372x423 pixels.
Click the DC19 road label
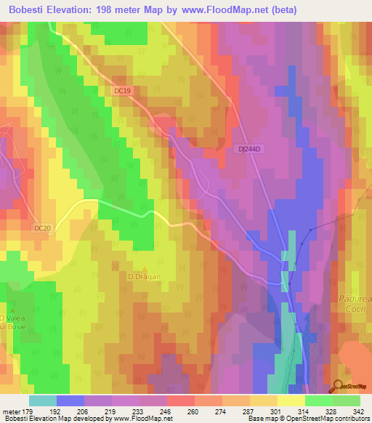pos(122,90)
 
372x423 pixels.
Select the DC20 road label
pos(43,228)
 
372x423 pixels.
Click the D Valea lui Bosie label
pos(13,323)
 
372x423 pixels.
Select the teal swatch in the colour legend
pos(43,400)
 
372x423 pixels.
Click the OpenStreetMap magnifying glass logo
pos(338,387)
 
